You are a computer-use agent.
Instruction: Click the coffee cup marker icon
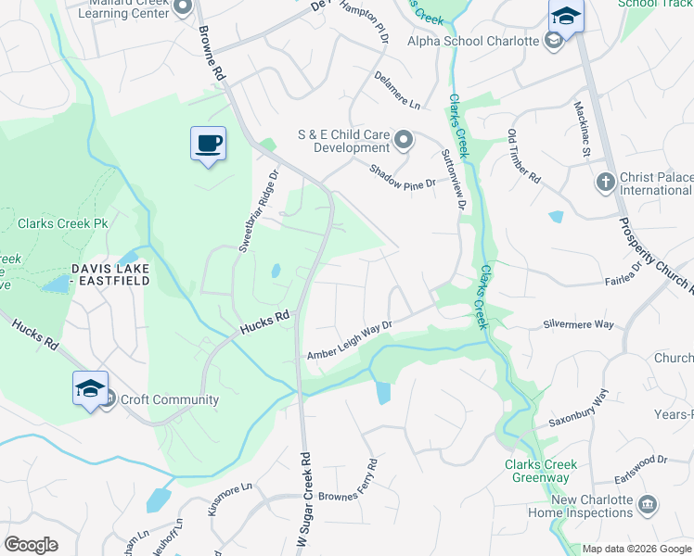[208, 144]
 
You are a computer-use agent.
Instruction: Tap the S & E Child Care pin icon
[404, 140]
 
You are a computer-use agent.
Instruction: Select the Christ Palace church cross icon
[605, 181]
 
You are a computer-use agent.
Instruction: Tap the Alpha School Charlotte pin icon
[554, 40]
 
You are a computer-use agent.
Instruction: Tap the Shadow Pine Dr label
[402, 177]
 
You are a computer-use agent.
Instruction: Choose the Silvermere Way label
[578, 325]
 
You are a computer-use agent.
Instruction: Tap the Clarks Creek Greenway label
[541, 471]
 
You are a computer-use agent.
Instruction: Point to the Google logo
[31, 545]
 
